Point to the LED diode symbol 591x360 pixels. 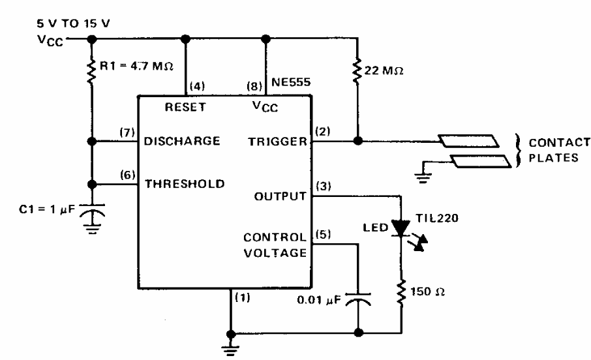402,228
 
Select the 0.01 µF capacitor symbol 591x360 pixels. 358,299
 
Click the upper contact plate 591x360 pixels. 468,141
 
